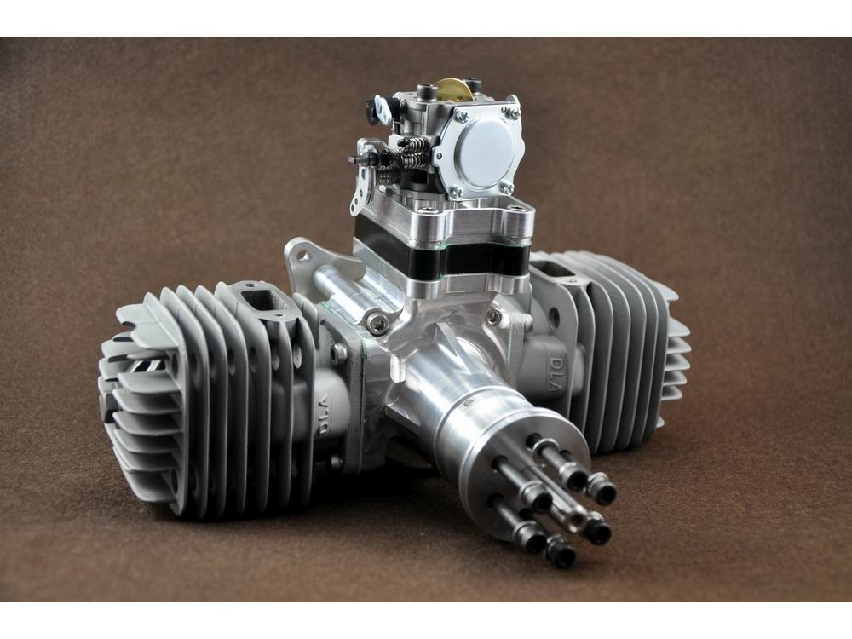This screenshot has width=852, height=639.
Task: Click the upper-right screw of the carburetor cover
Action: coord(509,113)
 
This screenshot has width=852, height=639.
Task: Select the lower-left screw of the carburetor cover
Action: coord(454,191)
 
